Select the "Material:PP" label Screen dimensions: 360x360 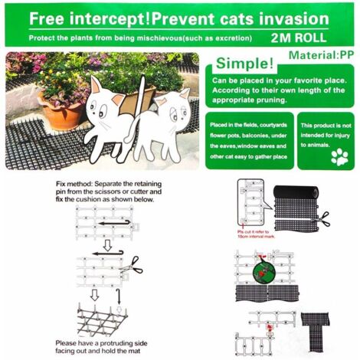tap(320, 56)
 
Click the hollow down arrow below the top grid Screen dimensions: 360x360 tap(94, 294)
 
